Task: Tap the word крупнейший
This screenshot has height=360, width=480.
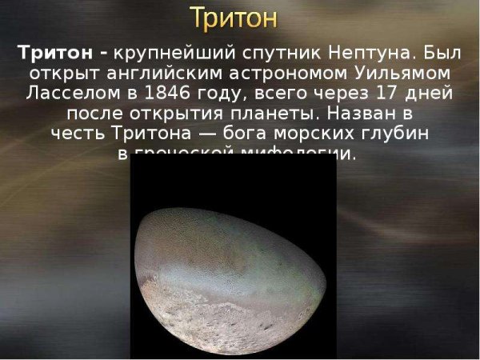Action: click(166, 54)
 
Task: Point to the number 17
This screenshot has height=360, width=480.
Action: click(386, 92)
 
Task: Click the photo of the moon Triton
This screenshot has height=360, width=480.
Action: click(232, 272)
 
